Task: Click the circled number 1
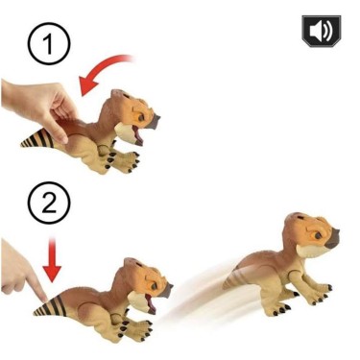pyautogui.click(x=41, y=42)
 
